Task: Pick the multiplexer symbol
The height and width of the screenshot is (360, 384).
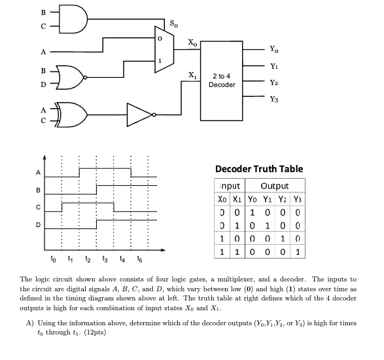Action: (164, 48)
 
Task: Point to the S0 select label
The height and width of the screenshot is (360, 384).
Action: (173, 26)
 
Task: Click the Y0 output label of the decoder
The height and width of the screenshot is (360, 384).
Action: (273, 49)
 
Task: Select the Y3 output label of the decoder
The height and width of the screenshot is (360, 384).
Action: (273, 99)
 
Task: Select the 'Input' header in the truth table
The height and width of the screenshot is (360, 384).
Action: (229, 187)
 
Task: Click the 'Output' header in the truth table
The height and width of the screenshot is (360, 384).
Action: (274, 187)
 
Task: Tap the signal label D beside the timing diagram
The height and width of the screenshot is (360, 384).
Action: (37, 225)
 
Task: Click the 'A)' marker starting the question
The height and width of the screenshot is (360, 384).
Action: (30, 323)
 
